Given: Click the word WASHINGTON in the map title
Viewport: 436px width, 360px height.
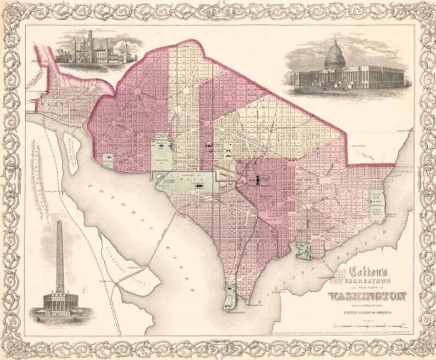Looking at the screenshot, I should click(367, 296).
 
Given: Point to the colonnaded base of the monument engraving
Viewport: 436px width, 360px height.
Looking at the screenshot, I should click(59, 302).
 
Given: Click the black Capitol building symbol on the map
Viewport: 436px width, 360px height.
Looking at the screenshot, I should click(256, 179).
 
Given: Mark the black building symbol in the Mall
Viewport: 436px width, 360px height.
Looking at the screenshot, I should click(195, 186).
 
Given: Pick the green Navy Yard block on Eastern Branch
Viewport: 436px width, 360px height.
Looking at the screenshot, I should click(303, 251).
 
